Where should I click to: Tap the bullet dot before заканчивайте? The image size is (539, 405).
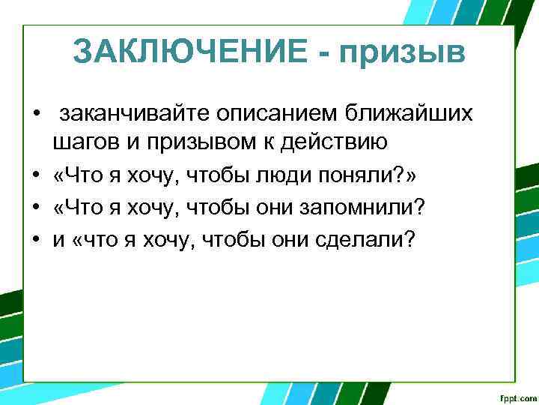click(35, 114)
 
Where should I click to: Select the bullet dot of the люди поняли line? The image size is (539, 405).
click(35, 175)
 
